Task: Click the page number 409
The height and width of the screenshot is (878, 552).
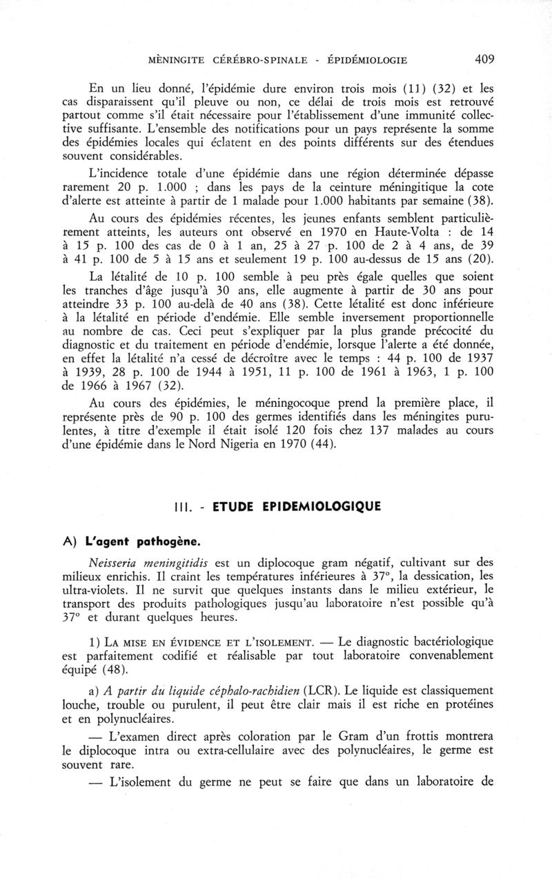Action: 485,60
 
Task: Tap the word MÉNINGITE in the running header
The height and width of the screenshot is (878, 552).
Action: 179,61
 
